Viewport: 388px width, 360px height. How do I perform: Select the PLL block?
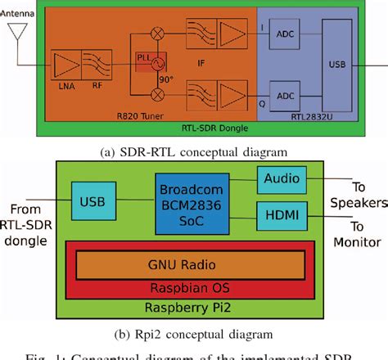(146, 61)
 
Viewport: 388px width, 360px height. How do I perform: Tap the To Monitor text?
(357, 234)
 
